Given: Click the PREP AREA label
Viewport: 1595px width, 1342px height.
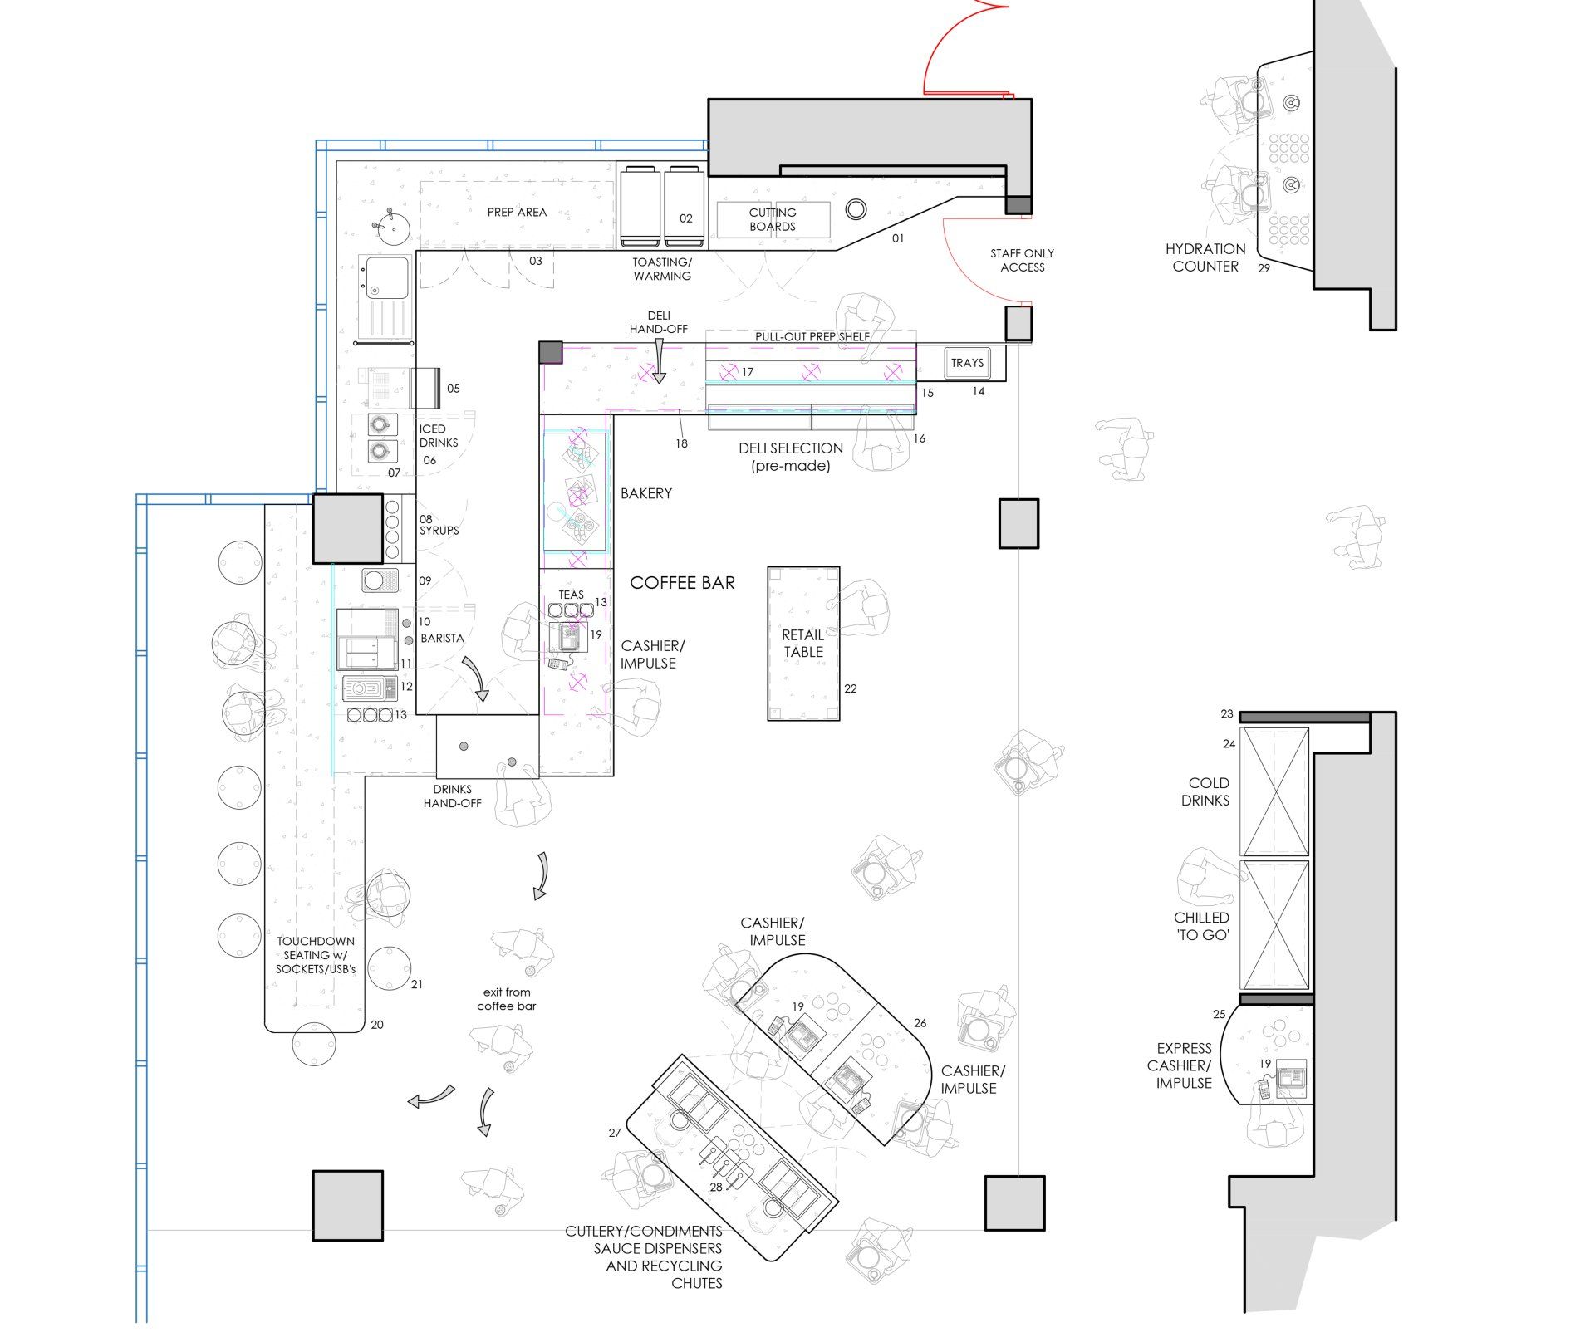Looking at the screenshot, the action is coord(517,213).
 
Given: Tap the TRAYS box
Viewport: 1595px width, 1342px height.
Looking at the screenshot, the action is coord(967,363).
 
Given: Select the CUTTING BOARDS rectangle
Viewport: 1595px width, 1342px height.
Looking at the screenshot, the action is coord(773,219).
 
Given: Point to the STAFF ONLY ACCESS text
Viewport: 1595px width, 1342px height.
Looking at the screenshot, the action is coord(1022,260).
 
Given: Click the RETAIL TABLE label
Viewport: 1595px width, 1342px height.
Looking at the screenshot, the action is coord(803,644).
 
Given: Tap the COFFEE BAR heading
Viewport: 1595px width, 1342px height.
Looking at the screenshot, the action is coord(683,583).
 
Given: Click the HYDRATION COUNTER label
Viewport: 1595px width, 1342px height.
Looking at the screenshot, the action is coord(1205,257).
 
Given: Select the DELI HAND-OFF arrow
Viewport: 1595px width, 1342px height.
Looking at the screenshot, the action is coord(659,365).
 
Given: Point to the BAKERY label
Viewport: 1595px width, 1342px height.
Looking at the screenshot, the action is coord(646,493).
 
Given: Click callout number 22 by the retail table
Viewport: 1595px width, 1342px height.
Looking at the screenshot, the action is coord(850,688).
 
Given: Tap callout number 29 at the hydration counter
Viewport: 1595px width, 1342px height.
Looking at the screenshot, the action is coord(1264,268).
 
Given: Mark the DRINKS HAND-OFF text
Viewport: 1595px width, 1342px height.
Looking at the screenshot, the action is coord(452,796).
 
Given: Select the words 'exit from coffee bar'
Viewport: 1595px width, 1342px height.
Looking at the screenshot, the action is coord(507,999).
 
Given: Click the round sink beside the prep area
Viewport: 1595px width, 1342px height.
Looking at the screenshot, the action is coord(390,225).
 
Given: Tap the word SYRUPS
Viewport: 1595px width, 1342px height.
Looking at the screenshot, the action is coord(439,531).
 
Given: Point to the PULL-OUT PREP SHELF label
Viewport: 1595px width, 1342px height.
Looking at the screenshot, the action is coord(812,336).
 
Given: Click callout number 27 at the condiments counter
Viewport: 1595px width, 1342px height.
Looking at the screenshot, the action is coord(615,1133).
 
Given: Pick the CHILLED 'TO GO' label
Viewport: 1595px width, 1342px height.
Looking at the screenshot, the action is coord(1201,926).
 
